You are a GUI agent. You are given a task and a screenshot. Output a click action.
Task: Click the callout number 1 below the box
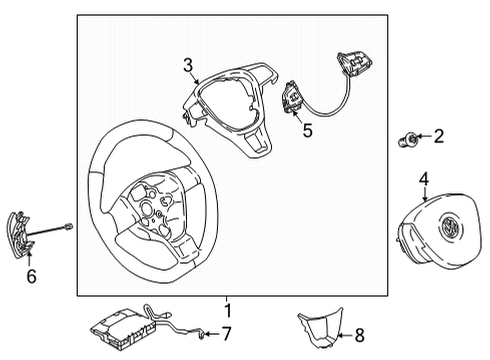coord(228,311)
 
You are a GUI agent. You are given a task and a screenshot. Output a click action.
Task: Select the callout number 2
coord(439,136)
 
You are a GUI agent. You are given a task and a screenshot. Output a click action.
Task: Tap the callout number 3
coord(188,65)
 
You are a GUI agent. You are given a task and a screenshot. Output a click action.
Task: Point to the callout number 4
coord(424,179)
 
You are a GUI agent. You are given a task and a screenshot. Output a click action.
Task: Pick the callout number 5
coord(307,130)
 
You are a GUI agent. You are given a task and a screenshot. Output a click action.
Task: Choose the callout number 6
coord(32,276)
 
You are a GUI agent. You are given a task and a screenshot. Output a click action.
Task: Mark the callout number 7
coord(226,334)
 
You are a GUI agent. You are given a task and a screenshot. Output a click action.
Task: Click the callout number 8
coord(359,335)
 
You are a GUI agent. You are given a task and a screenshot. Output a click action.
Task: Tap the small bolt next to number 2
coord(407,140)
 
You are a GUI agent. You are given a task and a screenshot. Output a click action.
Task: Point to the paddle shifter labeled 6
coord(19,235)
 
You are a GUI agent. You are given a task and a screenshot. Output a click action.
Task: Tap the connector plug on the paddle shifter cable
coord(68,227)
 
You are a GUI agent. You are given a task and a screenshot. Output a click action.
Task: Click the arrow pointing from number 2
coord(423,136)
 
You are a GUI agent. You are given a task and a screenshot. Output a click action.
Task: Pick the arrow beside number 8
coord(345,335)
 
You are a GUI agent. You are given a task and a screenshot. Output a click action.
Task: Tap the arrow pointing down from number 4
coord(424,194)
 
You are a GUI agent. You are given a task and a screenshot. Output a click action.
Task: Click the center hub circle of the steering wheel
coord(146,207)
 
